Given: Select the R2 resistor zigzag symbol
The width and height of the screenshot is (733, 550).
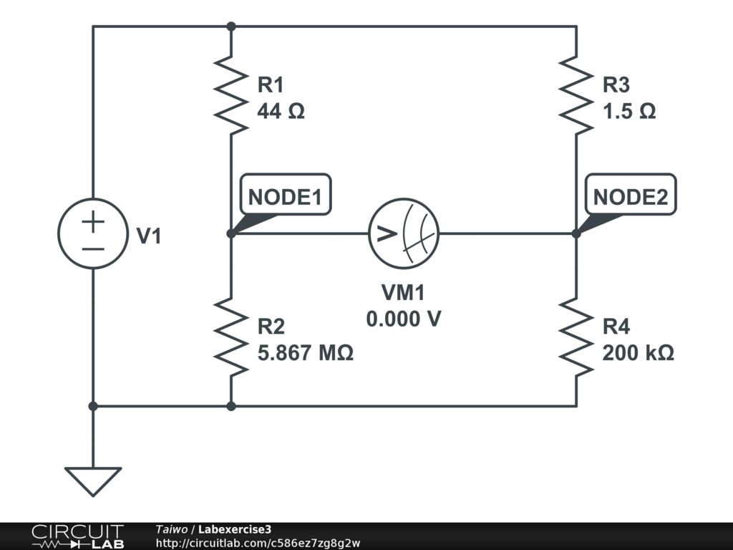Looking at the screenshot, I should click(x=230, y=335).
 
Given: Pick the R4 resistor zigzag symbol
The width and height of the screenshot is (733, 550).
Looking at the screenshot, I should click(x=576, y=335).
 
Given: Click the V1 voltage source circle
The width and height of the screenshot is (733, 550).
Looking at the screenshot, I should click(x=92, y=233).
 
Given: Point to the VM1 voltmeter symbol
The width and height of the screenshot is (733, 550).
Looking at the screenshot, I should click(x=404, y=233).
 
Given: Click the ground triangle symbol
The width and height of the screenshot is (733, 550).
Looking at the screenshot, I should click(x=93, y=481).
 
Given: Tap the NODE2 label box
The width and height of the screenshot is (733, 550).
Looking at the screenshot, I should click(x=631, y=195).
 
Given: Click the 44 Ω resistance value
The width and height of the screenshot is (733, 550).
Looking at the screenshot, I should click(x=281, y=112).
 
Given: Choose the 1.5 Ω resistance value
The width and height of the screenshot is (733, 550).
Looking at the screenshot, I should click(x=629, y=112).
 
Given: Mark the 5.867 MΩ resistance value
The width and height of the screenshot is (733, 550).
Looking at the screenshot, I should click(x=305, y=352).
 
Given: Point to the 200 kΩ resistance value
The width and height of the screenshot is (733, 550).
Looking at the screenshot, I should click(x=638, y=352).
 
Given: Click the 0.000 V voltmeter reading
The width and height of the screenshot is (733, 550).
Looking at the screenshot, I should click(x=403, y=319).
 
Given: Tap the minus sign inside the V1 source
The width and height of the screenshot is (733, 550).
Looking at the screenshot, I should click(x=92, y=248).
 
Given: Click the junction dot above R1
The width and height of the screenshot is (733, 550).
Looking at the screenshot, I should click(x=230, y=26).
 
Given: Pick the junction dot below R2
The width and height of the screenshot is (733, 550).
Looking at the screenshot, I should click(x=230, y=406).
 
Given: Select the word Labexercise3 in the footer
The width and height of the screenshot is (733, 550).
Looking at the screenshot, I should click(x=234, y=529).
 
